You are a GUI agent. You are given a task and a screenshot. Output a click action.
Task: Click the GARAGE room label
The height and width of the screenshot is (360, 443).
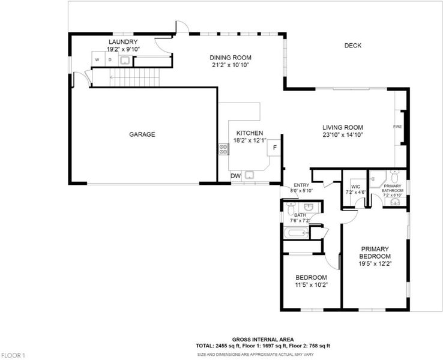click(142, 134)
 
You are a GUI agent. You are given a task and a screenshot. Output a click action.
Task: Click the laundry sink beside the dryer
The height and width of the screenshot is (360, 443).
click(125, 60)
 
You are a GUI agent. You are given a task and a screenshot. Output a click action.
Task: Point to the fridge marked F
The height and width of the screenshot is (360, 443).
click(274, 148)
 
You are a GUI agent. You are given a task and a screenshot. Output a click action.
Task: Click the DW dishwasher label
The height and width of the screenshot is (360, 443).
click(236, 176)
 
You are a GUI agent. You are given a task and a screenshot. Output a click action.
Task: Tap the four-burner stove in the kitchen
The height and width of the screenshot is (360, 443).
click(223, 149)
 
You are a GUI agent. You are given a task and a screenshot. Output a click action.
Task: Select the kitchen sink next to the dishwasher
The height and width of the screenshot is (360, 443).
click(249, 175)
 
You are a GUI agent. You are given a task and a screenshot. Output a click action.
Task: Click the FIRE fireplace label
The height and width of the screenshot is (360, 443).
click(397, 127)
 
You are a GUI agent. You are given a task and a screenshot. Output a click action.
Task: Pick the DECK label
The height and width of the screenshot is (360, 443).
click(353, 46)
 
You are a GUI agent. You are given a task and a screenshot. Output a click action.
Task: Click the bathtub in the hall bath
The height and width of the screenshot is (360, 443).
click(297, 233)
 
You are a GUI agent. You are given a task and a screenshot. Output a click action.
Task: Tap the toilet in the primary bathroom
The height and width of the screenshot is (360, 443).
click(394, 176)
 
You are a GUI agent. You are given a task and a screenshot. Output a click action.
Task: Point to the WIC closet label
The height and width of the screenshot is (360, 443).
click(356, 187)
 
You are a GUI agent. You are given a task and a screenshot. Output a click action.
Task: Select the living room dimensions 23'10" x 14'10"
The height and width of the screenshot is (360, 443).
click(343, 135)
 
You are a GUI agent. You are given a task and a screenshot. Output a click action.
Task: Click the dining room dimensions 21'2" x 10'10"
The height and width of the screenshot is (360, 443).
click(231, 65)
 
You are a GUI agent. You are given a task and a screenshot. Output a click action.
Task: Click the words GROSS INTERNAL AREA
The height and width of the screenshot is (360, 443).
click(263, 340)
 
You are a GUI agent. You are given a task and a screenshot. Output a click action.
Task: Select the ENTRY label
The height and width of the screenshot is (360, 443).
click(301, 185)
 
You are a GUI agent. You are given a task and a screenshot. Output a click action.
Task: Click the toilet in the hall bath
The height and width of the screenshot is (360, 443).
click(290, 209)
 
